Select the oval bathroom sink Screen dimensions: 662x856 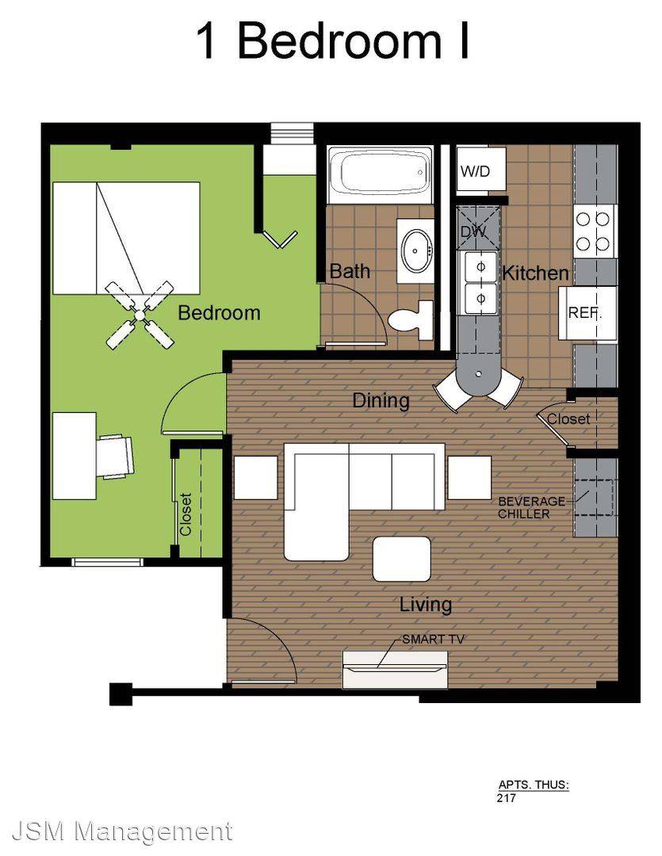coord(415,250)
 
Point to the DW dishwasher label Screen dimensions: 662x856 coord(473,231)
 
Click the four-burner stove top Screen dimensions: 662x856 coord(593,231)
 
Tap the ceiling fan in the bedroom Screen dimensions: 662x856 coord(140,315)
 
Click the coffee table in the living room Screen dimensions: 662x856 coord(401,559)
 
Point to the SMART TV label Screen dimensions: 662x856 coord(433,639)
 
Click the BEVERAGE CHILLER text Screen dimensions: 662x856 coord(531,507)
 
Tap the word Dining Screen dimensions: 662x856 coord(381,401)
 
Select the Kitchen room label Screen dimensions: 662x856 coord(535,273)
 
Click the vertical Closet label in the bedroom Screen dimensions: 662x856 coord(186,514)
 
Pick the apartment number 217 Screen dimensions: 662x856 coord(507,797)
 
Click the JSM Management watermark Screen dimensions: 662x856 coord(122,831)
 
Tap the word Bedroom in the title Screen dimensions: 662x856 coord(339,41)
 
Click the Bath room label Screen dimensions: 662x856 coord(350,271)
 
